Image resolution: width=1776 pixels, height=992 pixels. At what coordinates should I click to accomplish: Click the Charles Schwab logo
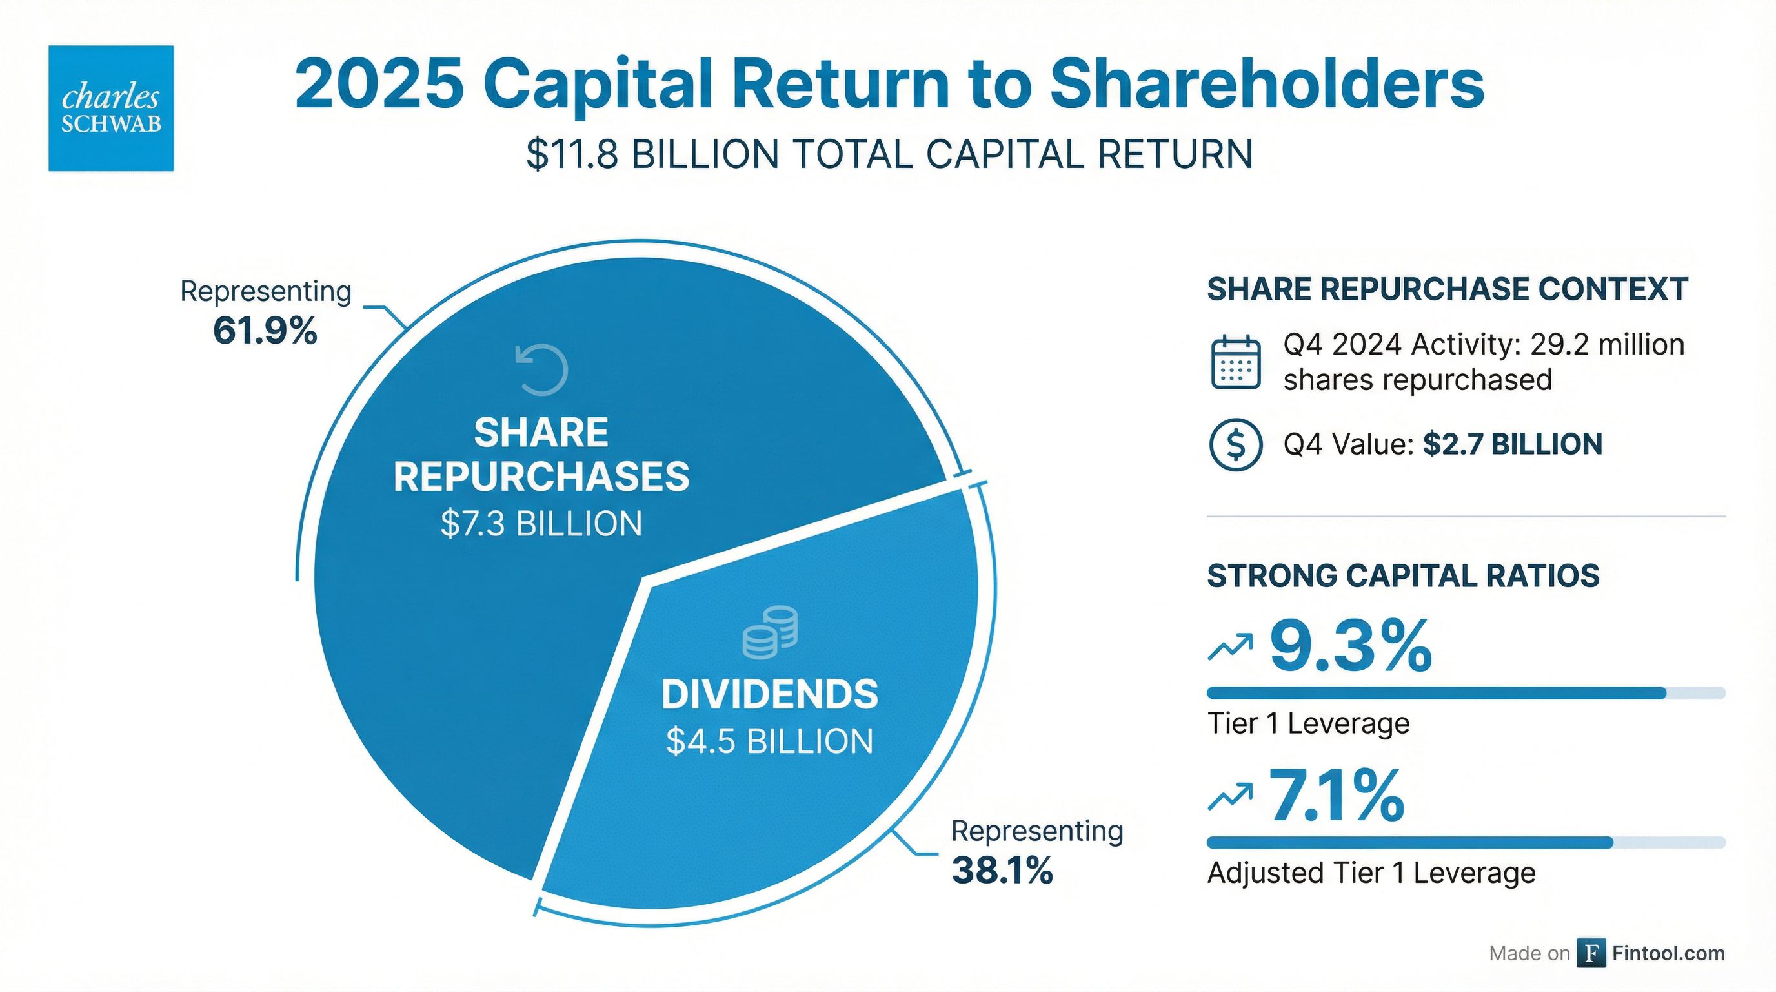coord(111,108)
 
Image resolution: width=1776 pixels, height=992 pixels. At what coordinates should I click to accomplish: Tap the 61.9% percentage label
coord(265,331)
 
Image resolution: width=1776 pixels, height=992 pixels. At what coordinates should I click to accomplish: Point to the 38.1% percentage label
coord(1002,870)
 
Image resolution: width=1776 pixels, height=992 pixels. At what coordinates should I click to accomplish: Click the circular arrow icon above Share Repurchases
coord(542,370)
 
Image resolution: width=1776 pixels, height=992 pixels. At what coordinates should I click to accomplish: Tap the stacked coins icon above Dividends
coord(769,632)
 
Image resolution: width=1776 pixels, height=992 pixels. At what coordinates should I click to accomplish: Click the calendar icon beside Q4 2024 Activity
coord(1235,362)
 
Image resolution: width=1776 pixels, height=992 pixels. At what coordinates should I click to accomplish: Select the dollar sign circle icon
coord(1235,445)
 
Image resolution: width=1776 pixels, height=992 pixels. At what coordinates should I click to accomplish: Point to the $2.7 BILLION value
coord(1512,444)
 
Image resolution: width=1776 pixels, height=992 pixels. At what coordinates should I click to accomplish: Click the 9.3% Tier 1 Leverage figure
coord(1350,646)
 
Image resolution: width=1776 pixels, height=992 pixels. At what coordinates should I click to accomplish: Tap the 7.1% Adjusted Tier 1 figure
coord(1336,796)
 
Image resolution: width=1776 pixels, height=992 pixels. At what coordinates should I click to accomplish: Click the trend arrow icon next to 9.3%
coord(1229,646)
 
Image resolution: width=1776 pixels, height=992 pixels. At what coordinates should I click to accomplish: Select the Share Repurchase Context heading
coord(1447,289)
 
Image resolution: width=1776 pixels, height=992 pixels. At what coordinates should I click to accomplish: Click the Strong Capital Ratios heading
coord(1403,576)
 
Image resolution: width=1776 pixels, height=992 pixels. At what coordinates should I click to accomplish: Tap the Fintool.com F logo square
coord(1591,953)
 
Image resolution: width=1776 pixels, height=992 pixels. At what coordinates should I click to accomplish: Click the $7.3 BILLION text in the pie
coord(541,524)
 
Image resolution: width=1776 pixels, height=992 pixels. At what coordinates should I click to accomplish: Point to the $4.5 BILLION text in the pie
coord(769,741)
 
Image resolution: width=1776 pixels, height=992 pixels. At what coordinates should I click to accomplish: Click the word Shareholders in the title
coord(1267,84)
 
